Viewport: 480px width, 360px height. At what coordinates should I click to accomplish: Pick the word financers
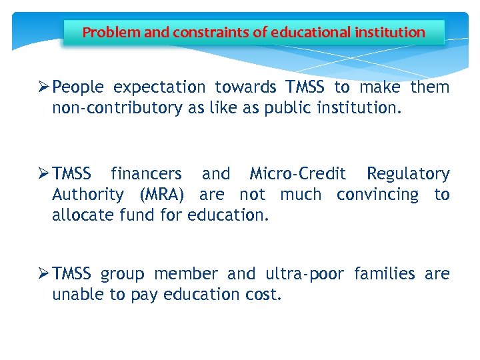[x=146, y=174]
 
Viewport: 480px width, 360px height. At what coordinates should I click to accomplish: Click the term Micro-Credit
[x=297, y=174]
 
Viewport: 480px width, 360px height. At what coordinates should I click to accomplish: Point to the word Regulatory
[x=408, y=174]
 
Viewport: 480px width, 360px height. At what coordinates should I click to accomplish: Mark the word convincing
[x=378, y=195]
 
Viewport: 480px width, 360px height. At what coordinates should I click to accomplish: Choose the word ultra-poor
[x=305, y=274]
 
